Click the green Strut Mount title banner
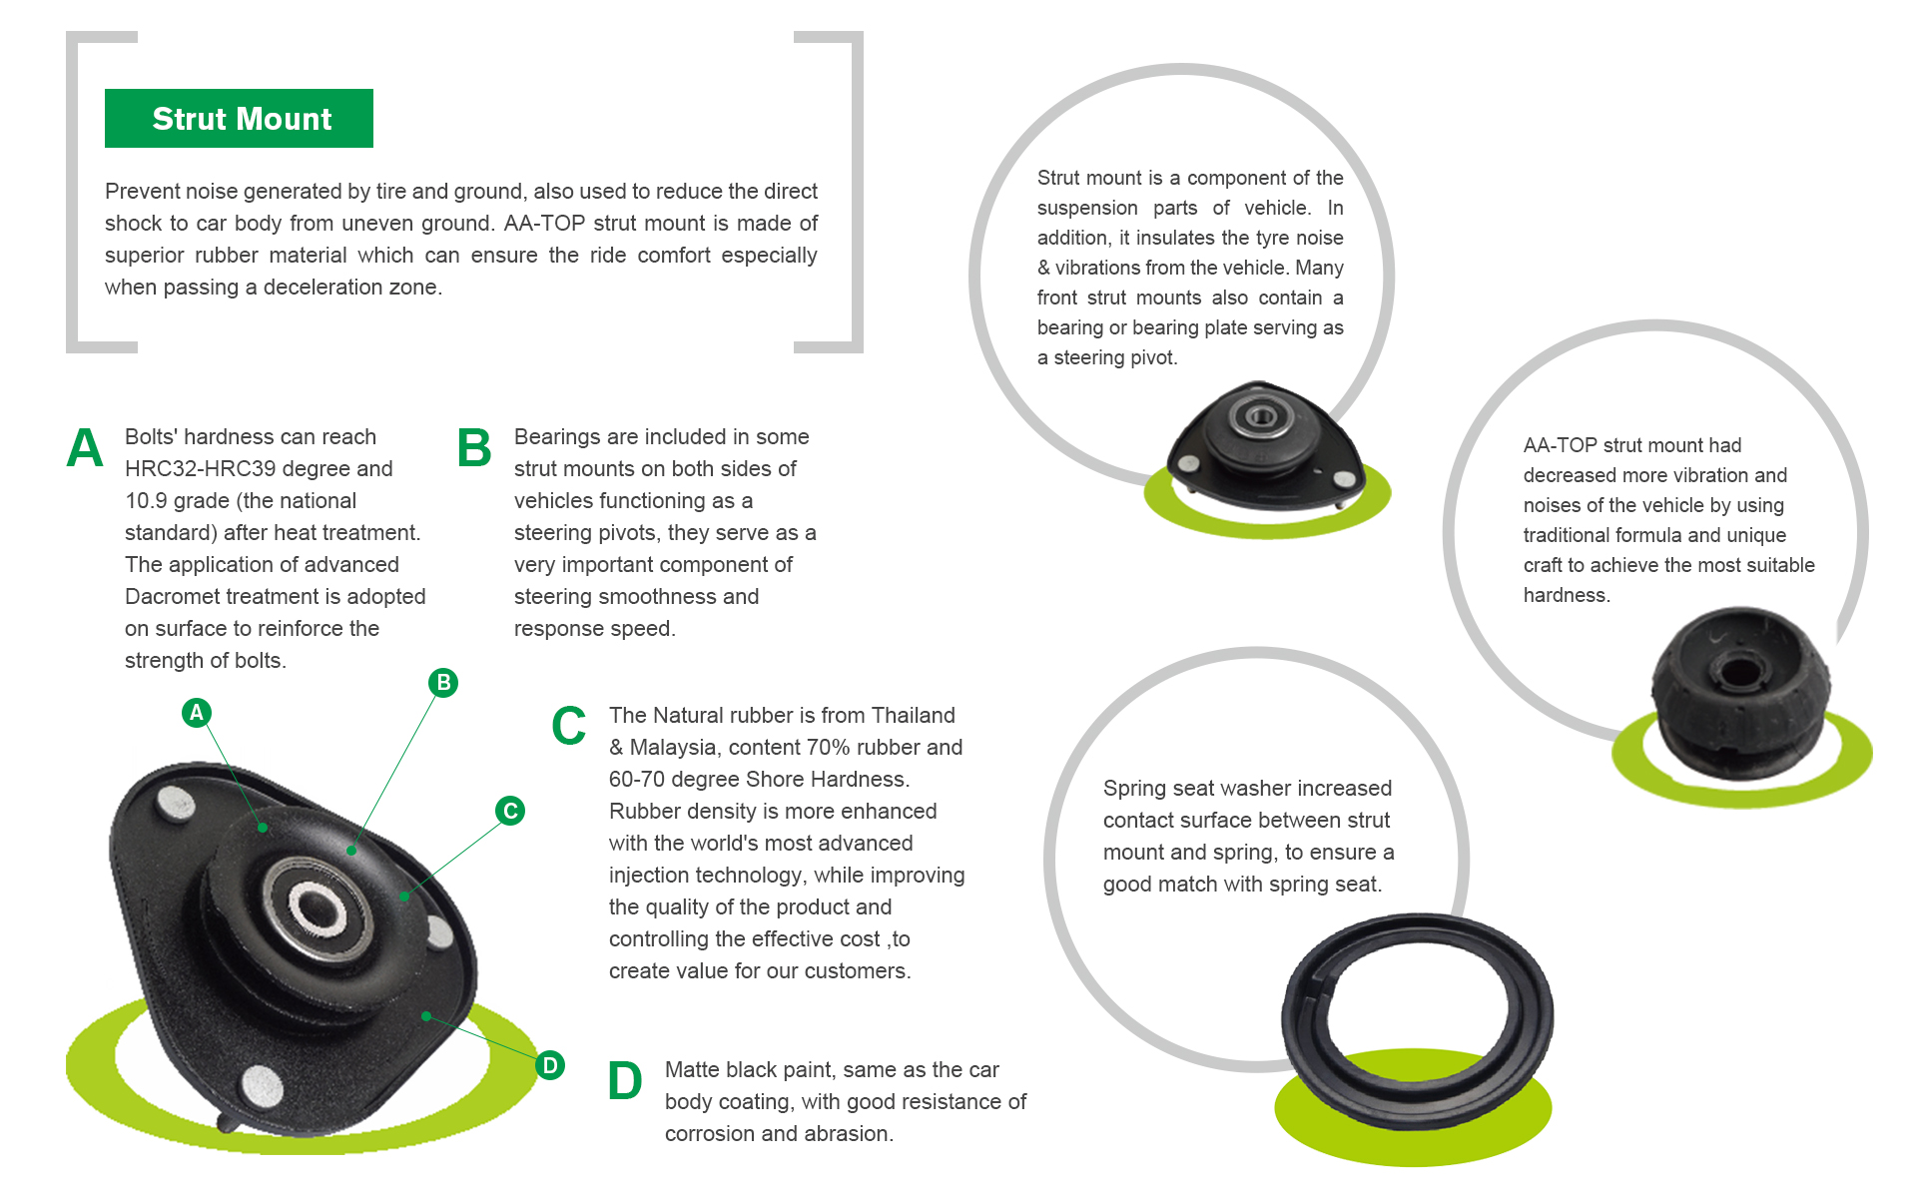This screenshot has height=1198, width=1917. tap(239, 119)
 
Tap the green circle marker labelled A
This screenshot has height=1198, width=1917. tap(197, 713)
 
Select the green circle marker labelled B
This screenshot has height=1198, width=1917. tap(443, 683)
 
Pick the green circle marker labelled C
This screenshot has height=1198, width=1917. tap(510, 811)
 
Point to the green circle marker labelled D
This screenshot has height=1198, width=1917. tap(549, 1065)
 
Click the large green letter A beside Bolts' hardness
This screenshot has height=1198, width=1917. tap(85, 448)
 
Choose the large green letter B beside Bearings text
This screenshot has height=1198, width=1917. tap(474, 448)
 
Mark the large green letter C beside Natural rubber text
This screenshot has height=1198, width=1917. tap(569, 726)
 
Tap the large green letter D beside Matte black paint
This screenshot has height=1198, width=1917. tap(625, 1081)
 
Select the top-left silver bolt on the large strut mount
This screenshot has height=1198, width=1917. tap(177, 803)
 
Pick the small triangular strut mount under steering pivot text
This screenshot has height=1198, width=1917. tap(1263, 447)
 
